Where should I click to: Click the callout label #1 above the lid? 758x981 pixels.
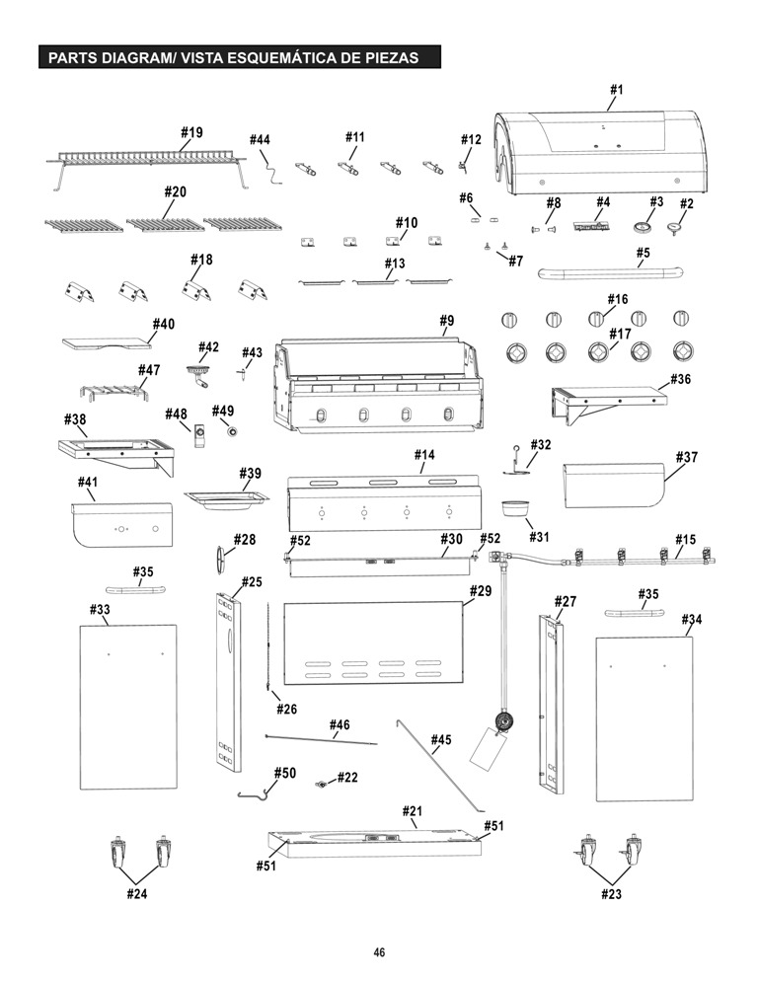(617, 90)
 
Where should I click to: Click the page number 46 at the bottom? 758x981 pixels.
(379, 952)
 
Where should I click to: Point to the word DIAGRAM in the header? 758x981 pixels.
(132, 58)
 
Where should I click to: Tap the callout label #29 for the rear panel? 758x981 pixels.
(481, 591)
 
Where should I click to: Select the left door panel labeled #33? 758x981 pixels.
(128, 707)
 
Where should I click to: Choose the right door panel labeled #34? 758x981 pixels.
(644, 718)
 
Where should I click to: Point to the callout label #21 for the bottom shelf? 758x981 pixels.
(412, 811)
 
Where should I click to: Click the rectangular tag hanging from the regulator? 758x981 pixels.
(488, 749)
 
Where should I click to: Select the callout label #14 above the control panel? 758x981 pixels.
(424, 455)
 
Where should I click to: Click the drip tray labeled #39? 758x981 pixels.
(226, 500)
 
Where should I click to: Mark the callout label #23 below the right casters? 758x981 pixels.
(612, 894)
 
